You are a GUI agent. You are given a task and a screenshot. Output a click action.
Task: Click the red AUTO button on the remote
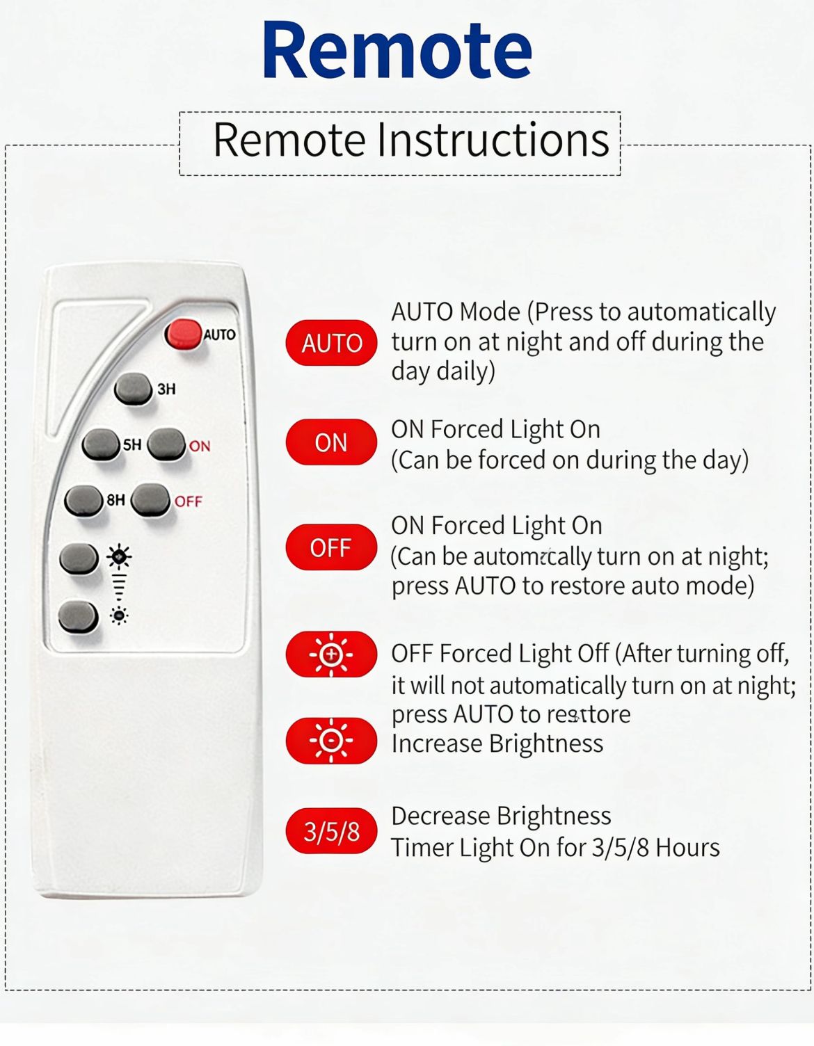click(184, 334)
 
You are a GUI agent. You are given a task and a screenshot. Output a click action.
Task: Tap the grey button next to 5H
click(101, 444)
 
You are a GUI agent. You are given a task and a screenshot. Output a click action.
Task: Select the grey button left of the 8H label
click(83, 501)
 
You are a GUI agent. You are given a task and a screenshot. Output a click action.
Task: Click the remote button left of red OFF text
click(151, 500)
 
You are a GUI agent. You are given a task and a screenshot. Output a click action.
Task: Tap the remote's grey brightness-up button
click(79, 558)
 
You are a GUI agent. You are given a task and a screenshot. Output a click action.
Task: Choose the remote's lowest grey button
click(79, 616)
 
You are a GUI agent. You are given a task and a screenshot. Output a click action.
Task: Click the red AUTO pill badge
click(331, 343)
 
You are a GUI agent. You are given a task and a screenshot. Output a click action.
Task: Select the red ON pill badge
click(331, 442)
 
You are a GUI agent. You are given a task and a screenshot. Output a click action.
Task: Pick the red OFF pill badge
click(331, 547)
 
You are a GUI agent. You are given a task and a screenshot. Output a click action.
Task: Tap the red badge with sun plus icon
click(331, 654)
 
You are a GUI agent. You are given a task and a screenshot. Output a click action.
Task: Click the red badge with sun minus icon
click(331, 740)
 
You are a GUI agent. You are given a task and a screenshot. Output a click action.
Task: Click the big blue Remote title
click(398, 50)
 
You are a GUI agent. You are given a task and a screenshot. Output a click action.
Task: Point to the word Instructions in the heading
click(493, 140)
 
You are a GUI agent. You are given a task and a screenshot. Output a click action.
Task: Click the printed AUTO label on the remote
click(220, 335)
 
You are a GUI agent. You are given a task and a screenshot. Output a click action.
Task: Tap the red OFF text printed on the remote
click(189, 501)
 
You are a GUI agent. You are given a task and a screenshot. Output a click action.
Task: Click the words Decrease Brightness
click(501, 816)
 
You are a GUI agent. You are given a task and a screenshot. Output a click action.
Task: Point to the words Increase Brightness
click(497, 743)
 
